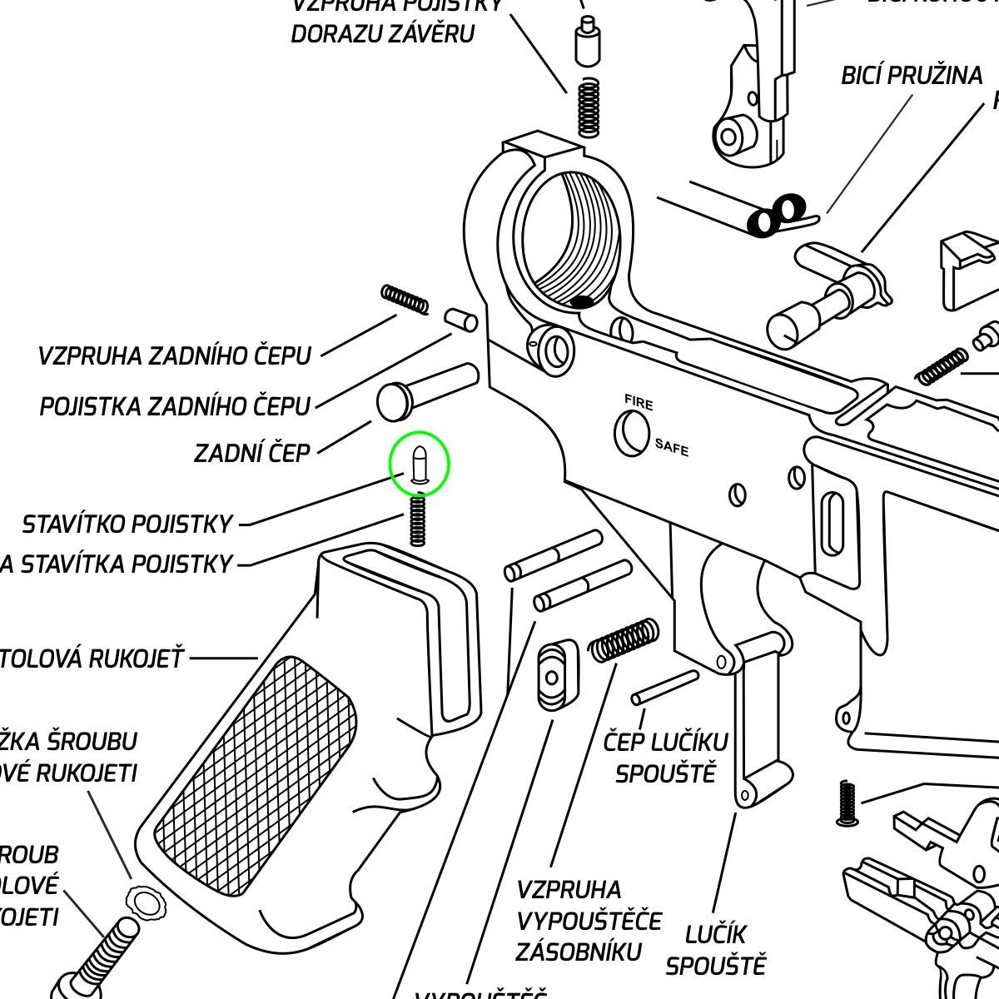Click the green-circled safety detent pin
tap(420, 465)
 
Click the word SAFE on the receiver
tap(672, 447)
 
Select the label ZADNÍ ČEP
tap(251, 454)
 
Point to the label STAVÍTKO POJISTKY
tap(127, 524)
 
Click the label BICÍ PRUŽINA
tap(912, 76)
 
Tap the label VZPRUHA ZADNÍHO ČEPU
tap(174, 356)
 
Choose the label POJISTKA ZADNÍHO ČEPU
tap(175, 407)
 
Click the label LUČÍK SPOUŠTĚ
tap(715, 950)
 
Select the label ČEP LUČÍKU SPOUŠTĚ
tap(665, 757)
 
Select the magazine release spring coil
tap(624, 640)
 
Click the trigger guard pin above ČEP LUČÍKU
tap(664, 688)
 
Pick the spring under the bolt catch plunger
tap(589, 107)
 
